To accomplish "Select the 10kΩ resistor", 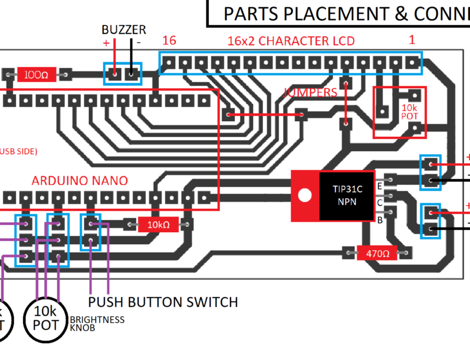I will tap(158, 225).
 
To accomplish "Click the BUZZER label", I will tap(124, 29).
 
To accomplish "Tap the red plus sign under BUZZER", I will tap(106, 43).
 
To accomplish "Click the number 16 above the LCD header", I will tap(169, 41).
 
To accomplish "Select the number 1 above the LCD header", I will tap(412, 40).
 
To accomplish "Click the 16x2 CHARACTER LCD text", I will tap(291, 41).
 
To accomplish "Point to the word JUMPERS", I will tap(310, 92).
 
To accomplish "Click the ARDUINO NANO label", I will tap(79, 181).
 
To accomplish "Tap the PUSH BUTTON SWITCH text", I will tap(163, 302).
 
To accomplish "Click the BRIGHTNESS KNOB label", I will tap(97, 324).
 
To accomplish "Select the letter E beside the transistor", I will tap(379, 187).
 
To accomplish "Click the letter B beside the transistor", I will tap(379, 220).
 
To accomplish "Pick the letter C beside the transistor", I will tap(379, 203).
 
